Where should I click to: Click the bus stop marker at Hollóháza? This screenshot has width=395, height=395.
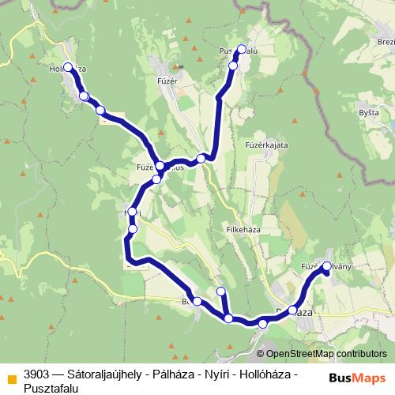click(68, 67)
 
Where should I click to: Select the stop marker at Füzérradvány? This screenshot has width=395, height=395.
click(328, 266)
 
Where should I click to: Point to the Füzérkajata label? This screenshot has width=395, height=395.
click(265, 145)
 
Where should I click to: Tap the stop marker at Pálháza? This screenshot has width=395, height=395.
click(293, 311)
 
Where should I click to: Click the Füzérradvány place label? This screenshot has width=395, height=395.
click(325, 266)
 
